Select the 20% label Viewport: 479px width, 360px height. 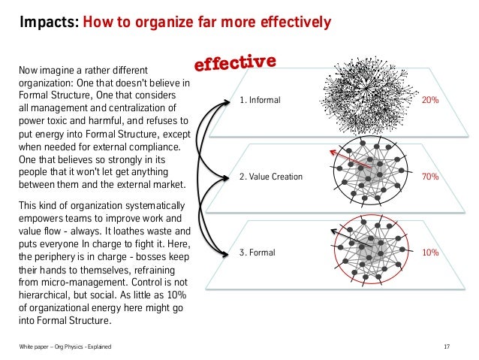coord(430,99)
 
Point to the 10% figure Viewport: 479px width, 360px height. coord(430,253)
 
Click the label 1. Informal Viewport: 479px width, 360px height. coord(259,99)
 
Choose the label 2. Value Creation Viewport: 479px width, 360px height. coord(270,177)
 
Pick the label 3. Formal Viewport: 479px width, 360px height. coord(258,253)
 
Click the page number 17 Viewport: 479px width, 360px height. coord(447,346)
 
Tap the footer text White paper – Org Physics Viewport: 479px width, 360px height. coord(64,346)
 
